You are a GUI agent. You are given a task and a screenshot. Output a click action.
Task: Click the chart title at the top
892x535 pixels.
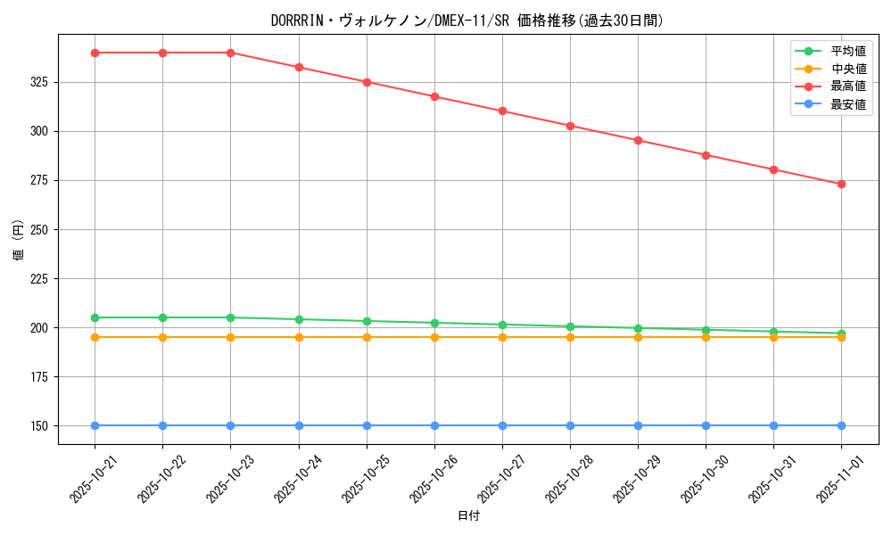pyautogui.click(x=467, y=21)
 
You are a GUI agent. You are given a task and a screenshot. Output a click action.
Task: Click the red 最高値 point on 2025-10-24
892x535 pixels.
pyautogui.click(x=299, y=67)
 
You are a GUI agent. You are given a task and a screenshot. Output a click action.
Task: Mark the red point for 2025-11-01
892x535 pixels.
pyautogui.click(x=841, y=184)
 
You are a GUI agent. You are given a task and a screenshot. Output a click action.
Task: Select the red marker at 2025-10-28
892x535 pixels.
pyautogui.click(x=570, y=126)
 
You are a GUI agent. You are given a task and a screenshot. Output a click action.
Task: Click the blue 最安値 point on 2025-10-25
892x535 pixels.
pyautogui.click(x=367, y=425)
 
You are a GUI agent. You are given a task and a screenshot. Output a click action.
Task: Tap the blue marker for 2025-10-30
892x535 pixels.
pyautogui.click(x=706, y=425)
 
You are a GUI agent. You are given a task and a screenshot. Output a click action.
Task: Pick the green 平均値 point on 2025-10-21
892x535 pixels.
pyautogui.click(x=95, y=317)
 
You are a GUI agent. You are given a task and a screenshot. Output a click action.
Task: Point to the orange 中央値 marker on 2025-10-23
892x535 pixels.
pyautogui.click(x=230, y=337)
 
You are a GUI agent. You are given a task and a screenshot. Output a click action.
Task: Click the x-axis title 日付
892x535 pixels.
pyautogui.click(x=468, y=516)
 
